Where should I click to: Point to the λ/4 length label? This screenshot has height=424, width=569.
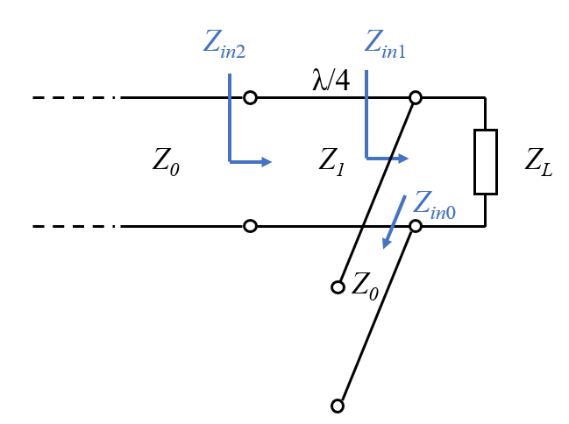331,81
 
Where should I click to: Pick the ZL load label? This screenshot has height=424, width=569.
538,162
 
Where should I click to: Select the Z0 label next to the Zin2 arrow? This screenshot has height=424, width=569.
166,160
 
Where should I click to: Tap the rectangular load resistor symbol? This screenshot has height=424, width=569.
486,161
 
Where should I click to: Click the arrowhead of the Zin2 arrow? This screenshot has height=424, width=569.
267,161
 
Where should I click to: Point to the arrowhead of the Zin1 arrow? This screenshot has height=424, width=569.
403,159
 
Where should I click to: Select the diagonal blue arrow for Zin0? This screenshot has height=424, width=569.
393,221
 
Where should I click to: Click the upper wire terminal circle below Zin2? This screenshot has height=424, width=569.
250,97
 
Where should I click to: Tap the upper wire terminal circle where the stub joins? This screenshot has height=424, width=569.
416,97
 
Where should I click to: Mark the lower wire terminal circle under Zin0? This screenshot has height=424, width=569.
416,226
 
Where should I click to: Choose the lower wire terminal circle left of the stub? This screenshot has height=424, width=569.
250,226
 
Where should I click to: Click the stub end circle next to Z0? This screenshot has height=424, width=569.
337,286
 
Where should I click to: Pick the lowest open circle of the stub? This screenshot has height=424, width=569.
337,406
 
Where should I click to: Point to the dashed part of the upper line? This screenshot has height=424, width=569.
75,97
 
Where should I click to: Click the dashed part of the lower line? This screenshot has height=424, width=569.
75,226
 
